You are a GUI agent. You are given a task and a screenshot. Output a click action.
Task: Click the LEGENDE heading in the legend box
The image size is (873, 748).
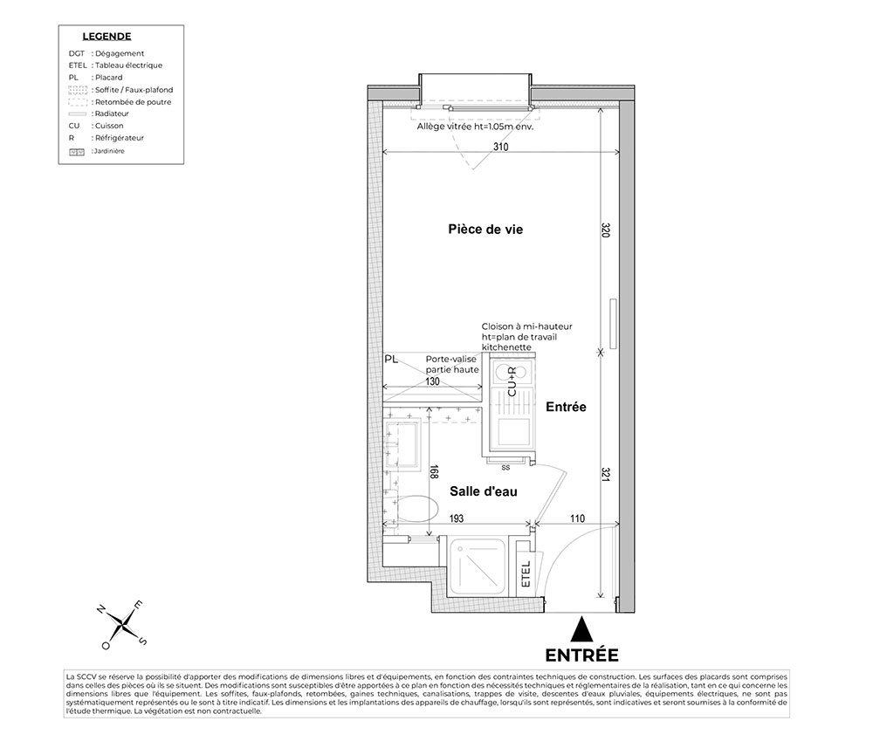pyautogui.click(x=107, y=37)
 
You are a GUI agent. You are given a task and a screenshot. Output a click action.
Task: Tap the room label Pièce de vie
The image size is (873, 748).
pyautogui.click(x=485, y=230)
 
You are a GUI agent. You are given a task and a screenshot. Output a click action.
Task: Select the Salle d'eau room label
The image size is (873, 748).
pyautogui.click(x=484, y=491)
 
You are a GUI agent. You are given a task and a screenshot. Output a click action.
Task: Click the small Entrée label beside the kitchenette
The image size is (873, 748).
pyautogui.click(x=566, y=407)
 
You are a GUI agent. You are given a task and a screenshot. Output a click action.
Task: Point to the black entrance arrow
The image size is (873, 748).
pyautogui.click(x=582, y=629)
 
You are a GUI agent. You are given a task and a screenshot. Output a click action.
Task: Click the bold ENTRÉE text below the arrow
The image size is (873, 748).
pyautogui.click(x=581, y=655)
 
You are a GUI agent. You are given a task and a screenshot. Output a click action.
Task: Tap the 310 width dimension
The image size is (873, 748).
pyautogui.click(x=500, y=147)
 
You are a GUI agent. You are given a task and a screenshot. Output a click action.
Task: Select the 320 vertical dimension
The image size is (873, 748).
pyautogui.click(x=606, y=230)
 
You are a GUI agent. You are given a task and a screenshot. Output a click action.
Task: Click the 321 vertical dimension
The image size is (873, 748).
pyautogui.click(x=606, y=475)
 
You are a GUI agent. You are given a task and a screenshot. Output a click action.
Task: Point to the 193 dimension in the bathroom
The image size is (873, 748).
pyautogui.click(x=457, y=518)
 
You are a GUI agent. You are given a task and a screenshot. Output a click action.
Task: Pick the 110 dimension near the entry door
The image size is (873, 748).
pyautogui.click(x=577, y=518)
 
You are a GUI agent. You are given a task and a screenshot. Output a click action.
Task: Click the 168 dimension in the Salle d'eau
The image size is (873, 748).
pyautogui.click(x=434, y=471)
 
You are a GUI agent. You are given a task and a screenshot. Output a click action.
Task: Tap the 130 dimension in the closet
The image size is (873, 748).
pyautogui.click(x=433, y=381)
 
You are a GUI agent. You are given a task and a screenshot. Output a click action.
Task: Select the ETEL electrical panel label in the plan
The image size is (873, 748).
pyautogui.click(x=526, y=573)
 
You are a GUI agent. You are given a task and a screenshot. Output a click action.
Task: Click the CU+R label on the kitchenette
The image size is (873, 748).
pyautogui.click(x=512, y=381)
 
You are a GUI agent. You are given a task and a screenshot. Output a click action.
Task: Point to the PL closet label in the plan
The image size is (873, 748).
pyautogui.click(x=391, y=360)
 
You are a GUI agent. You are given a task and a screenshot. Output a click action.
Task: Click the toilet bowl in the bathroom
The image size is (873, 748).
pyautogui.click(x=417, y=509)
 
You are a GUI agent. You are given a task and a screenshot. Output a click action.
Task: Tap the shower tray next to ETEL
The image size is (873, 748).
pyautogui.click(x=478, y=566)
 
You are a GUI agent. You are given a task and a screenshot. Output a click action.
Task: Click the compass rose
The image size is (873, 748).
pyautogui.click(x=122, y=624)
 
